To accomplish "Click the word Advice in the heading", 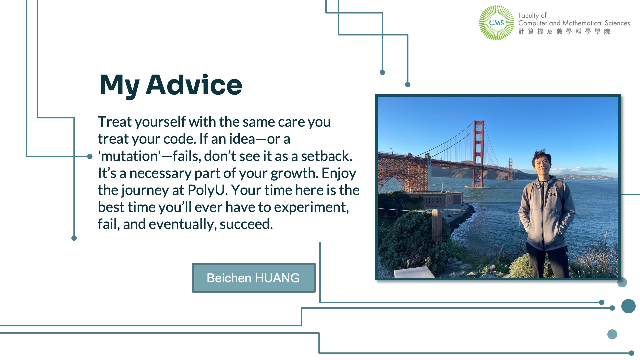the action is (x=194, y=85).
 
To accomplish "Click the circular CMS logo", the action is (x=496, y=23).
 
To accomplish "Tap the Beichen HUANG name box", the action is (x=254, y=278).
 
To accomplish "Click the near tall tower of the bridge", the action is (x=479, y=153).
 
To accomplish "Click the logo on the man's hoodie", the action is (x=553, y=194).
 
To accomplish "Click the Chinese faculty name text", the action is (x=564, y=31).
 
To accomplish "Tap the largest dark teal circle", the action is (x=628, y=306).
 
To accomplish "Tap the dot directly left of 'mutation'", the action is (x=90, y=156).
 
